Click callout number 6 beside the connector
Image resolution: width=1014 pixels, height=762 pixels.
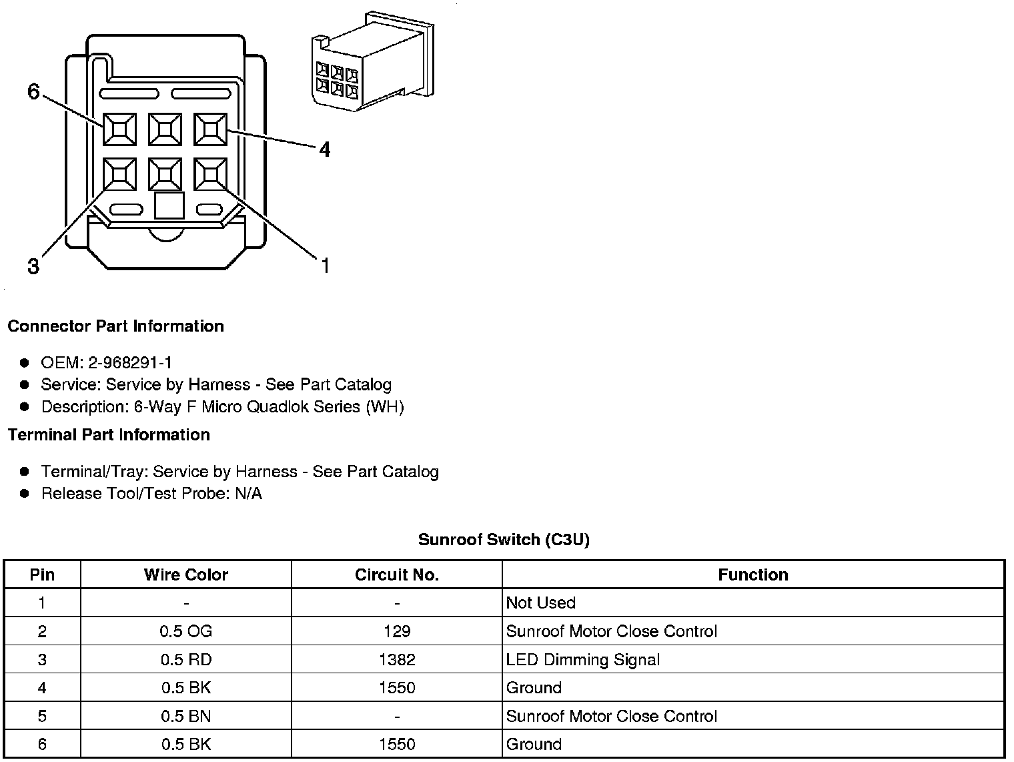click(x=34, y=91)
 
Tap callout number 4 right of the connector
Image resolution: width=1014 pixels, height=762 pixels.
click(x=324, y=149)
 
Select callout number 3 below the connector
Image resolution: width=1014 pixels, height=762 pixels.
click(x=33, y=267)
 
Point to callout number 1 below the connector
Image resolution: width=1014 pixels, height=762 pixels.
click(x=325, y=266)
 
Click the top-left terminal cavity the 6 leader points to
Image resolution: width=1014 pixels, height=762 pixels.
click(x=119, y=129)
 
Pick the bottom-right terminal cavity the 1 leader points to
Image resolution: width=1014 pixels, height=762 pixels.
click(x=211, y=174)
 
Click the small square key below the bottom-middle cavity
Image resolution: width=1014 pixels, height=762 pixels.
click(x=169, y=206)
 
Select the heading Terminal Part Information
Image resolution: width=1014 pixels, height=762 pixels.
click(x=109, y=435)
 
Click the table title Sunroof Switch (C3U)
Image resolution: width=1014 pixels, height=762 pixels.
click(x=504, y=539)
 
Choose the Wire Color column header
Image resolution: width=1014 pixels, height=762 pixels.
click(x=185, y=575)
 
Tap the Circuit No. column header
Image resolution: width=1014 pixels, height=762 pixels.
click(x=396, y=575)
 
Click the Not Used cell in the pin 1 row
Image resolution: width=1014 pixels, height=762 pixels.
click(x=540, y=603)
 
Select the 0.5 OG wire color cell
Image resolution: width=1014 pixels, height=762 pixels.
click(x=185, y=631)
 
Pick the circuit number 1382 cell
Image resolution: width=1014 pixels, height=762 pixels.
click(x=396, y=660)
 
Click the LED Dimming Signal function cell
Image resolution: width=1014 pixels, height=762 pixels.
click(x=582, y=660)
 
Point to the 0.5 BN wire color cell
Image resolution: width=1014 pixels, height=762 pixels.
click(x=185, y=716)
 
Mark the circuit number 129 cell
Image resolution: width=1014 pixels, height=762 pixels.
click(x=396, y=631)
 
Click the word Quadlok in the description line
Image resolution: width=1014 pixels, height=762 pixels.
click(x=274, y=406)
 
